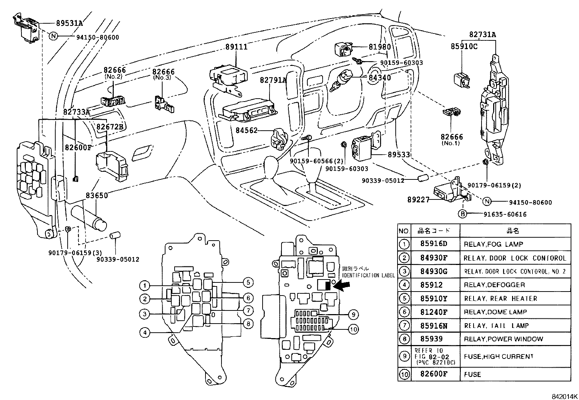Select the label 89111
point(236,47)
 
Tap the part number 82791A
point(273,80)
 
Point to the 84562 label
point(246,130)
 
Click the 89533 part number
point(399,155)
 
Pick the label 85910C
point(464,47)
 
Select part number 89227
point(418,199)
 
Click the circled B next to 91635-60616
point(462,214)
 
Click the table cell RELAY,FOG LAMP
point(493,244)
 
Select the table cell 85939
point(431,339)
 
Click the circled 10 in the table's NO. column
point(404,374)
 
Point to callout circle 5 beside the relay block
point(248,282)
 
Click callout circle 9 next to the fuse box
point(353,314)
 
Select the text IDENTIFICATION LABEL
point(368,276)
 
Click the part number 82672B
point(110,127)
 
